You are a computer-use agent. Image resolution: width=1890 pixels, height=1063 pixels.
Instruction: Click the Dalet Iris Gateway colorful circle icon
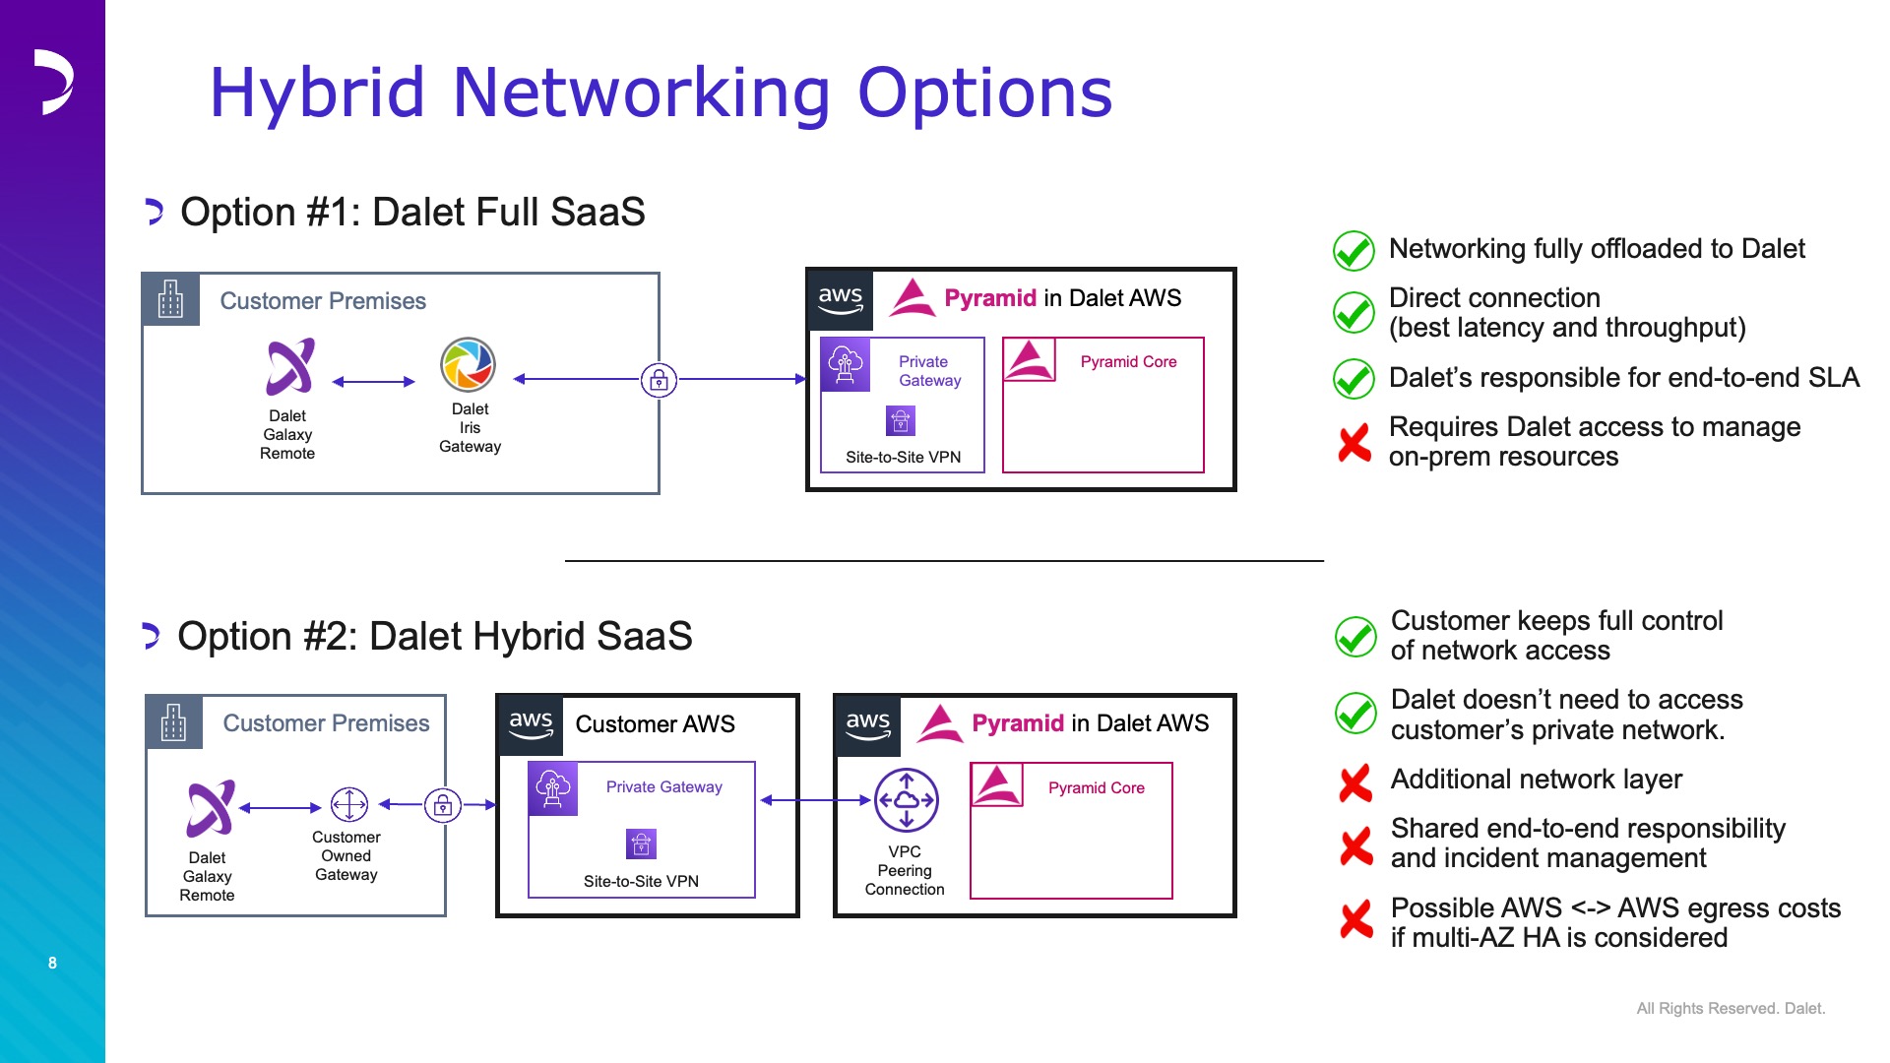click(468, 365)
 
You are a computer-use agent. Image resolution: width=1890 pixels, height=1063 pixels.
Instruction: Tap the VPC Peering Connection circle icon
click(906, 800)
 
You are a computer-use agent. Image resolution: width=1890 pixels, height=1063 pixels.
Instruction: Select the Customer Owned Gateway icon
click(348, 804)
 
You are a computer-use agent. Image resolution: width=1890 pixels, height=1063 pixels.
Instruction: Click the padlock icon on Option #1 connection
click(659, 379)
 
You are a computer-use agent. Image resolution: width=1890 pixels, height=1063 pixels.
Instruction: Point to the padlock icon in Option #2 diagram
click(443, 805)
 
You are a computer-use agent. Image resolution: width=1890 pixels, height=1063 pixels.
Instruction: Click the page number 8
click(52, 963)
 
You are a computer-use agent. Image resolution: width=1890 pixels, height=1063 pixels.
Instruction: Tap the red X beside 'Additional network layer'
click(1355, 783)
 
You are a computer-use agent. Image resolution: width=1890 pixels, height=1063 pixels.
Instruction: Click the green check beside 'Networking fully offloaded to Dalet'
click(1354, 251)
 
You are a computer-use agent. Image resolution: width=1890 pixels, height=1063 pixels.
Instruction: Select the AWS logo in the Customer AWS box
click(531, 724)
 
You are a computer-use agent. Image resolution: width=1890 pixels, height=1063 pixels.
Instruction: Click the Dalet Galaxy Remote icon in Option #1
click(290, 366)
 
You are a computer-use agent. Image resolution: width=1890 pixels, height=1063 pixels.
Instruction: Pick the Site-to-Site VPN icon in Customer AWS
click(641, 844)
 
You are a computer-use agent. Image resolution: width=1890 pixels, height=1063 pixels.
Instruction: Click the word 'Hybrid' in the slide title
click(318, 94)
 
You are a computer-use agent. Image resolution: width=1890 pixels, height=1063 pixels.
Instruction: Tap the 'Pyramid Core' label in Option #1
click(1128, 361)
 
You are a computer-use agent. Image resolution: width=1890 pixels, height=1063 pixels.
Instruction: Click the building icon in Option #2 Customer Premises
click(174, 722)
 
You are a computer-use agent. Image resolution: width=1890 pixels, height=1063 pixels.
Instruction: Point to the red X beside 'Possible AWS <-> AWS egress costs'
click(1356, 919)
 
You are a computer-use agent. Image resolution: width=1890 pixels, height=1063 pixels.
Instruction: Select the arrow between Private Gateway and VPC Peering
click(816, 800)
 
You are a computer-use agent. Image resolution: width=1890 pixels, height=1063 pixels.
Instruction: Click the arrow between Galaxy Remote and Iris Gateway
click(374, 382)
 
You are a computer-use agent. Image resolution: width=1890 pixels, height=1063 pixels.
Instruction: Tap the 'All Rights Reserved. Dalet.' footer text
click(1731, 1008)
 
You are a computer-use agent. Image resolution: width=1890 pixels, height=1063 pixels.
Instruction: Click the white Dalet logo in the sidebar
click(53, 82)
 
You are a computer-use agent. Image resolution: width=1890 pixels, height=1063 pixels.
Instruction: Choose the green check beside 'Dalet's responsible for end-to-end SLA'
click(1354, 379)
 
